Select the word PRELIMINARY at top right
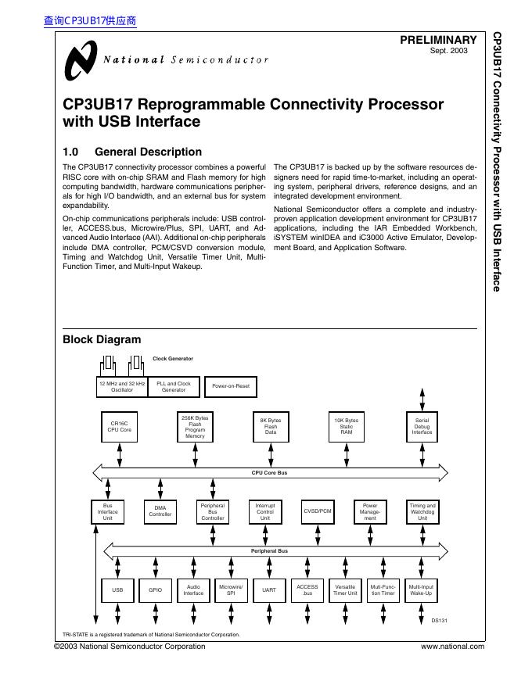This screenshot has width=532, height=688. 438,40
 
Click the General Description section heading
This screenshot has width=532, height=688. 132,152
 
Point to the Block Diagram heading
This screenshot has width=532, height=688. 102,339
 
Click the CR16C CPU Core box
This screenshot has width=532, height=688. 120,427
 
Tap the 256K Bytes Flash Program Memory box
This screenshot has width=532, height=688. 195,427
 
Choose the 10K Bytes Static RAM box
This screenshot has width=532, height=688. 346,427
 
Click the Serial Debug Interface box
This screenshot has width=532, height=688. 422,427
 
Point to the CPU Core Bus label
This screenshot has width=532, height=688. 269,472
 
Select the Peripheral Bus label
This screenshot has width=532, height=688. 269,551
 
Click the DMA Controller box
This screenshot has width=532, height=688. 160,511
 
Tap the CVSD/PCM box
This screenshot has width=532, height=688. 318,511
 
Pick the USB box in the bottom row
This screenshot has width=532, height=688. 117,590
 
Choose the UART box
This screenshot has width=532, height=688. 269,590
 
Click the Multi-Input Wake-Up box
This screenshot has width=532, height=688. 422,590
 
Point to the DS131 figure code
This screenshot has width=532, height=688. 439,621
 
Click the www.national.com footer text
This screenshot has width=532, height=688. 452,647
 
